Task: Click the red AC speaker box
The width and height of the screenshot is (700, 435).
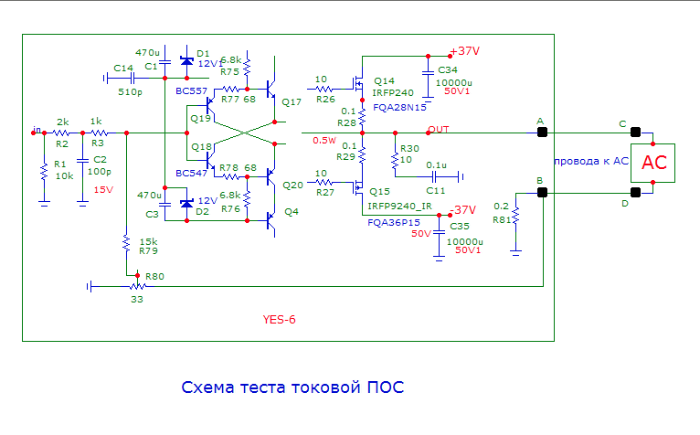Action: pyautogui.click(x=653, y=163)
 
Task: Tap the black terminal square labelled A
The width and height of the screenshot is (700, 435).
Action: pyautogui.click(x=542, y=133)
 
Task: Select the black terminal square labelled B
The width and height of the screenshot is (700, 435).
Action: pyautogui.click(x=542, y=193)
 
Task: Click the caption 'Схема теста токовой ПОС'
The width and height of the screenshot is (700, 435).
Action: pyautogui.click(x=292, y=387)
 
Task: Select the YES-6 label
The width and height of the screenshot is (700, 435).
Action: pyautogui.click(x=280, y=320)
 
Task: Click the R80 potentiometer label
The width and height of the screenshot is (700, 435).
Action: pyautogui.click(x=155, y=276)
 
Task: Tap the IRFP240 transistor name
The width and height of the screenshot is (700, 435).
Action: pyautogui.click(x=392, y=92)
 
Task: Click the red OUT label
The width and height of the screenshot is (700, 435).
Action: pyautogui.click(x=439, y=129)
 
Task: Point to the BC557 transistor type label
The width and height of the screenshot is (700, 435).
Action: pyautogui.click(x=191, y=92)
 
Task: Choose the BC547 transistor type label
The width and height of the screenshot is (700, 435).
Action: pyautogui.click(x=191, y=172)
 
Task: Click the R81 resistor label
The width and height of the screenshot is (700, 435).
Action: pyautogui.click(x=500, y=219)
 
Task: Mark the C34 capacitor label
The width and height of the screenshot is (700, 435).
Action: pyautogui.click(x=448, y=69)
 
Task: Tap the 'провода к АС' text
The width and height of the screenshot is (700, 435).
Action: pyautogui.click(x=593, y=161)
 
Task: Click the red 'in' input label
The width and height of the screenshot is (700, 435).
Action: pyautogui.click(x=37, y=128)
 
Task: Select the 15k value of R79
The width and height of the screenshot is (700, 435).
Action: pyautogui.click(x=148, y=241)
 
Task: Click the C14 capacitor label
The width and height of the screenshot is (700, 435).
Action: pyautogui.click(x=123, y=69)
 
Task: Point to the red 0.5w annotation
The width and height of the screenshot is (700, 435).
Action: pyautogui.click(x=323, y=140)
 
